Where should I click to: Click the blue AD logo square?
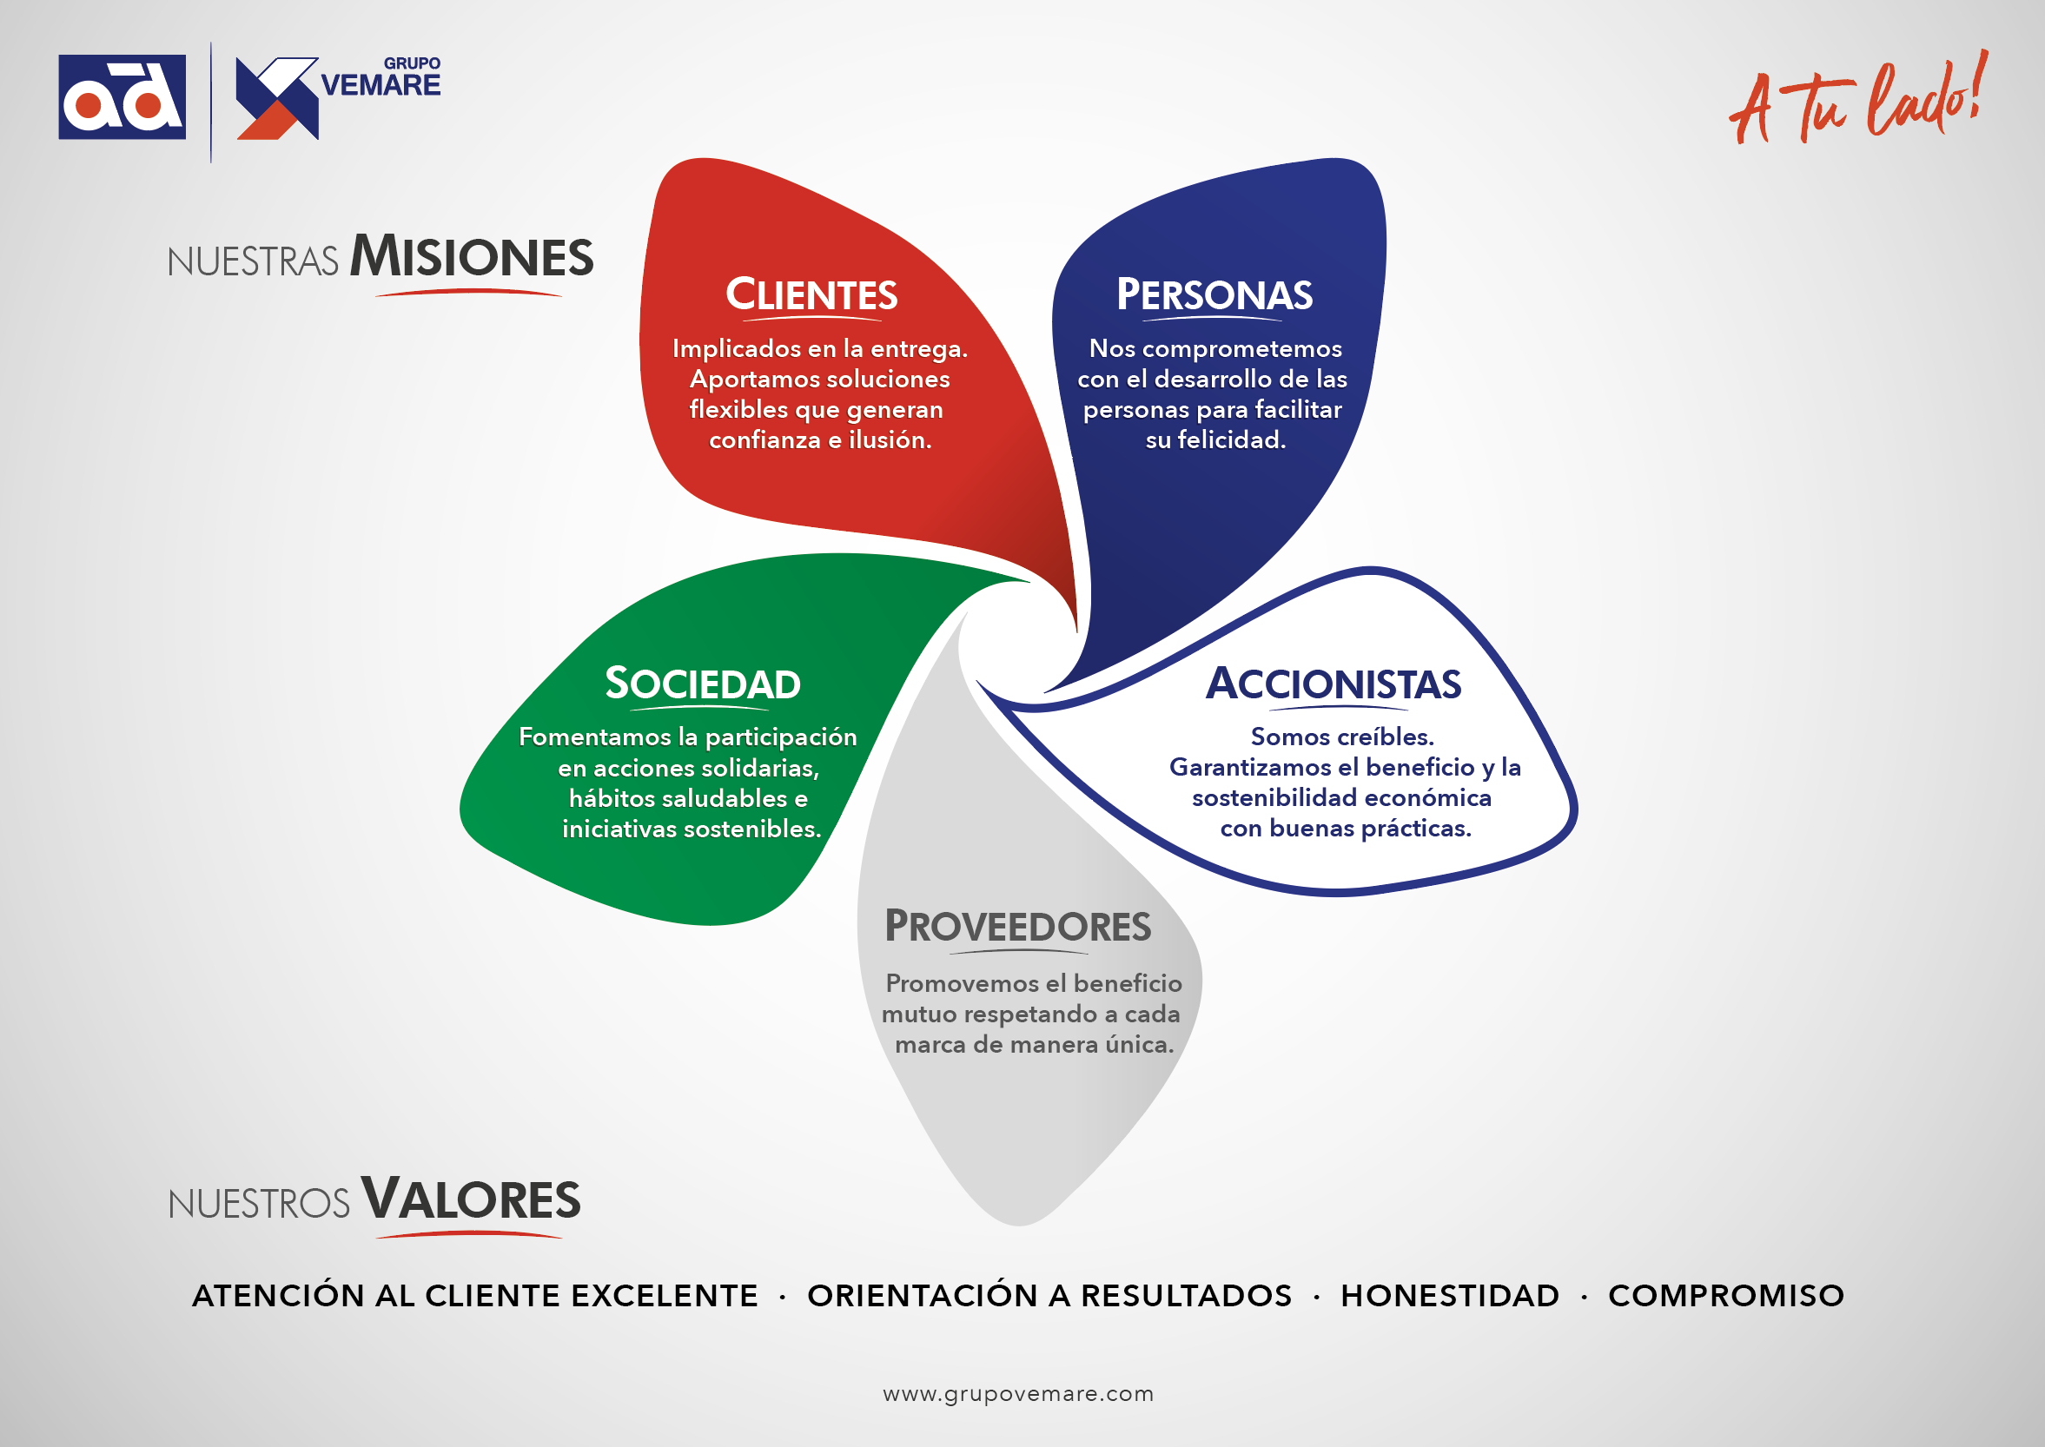(122, 97)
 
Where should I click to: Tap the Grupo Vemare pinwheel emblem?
(277, 99)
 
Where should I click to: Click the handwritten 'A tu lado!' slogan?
(1859, 98)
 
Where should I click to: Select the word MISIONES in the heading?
(472, 256)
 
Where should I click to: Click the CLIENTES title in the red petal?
(811, 295)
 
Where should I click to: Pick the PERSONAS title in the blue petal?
(1214, 295)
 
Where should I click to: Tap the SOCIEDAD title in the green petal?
(703, 684)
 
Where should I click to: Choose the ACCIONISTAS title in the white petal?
(1334, 684)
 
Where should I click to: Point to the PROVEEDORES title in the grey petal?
(1017, 927)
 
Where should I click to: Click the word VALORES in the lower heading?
(471, 1199)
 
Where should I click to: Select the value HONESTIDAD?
(1450, 1296)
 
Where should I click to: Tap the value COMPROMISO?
(1726, 1296)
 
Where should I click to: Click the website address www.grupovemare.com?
(1018, 1393)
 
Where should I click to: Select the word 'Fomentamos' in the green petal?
(594, 737)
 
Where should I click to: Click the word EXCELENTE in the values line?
(665, 1296)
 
